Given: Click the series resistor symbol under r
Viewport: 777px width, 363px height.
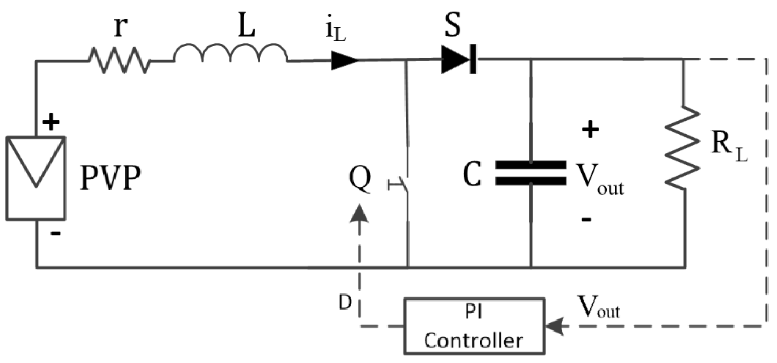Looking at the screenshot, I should tap(119, 60).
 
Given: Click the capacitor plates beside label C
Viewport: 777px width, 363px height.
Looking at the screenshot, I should tap(531, 172).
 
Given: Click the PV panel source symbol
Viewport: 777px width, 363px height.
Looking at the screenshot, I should tap(35, 178).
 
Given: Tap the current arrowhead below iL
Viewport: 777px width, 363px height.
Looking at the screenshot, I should tap(344, 60).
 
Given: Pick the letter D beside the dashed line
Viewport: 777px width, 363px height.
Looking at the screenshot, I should tap(344, 303).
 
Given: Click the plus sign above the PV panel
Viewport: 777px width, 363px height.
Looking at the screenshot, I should tap(51, 122).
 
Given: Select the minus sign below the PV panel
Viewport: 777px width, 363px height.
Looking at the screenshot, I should tap(55, 233).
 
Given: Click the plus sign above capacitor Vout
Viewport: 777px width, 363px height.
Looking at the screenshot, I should tap(590, 129).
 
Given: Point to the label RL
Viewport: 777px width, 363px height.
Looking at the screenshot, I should tap(729, 146).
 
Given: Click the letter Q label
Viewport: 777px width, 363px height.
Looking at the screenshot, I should tap(360, 179).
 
